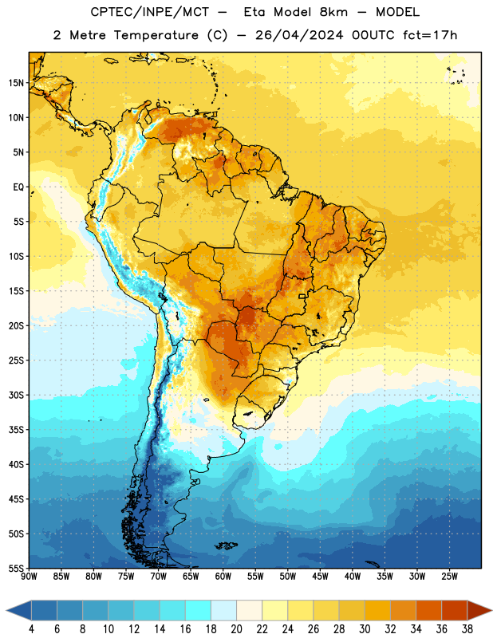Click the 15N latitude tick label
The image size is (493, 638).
[17, 83]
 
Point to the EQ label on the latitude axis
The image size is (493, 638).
[18, 187]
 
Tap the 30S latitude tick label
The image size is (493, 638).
[17, 395]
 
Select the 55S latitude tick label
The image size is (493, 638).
[17, 568]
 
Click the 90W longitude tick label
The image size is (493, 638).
[29, 576]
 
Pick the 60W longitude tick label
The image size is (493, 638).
[223, 576]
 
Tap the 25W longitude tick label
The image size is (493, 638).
[449, 576]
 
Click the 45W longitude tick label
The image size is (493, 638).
[321, 576]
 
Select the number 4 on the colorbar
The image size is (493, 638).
[31, 629]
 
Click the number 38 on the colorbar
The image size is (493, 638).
[467, 629]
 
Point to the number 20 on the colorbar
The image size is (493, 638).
[236, 629]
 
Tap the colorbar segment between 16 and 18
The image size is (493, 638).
[199, 610]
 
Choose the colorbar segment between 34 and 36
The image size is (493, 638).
[429, 610]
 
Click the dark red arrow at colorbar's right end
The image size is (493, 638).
[479, 610]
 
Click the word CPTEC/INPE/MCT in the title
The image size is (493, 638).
[150, 13]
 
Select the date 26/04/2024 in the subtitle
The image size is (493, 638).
[299, 35]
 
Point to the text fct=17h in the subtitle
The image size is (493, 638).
[430, 35]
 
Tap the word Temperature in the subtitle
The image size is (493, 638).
[156, 35]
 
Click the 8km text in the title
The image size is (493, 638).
[333, 13]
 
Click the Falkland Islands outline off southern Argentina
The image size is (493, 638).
[227, 545]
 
